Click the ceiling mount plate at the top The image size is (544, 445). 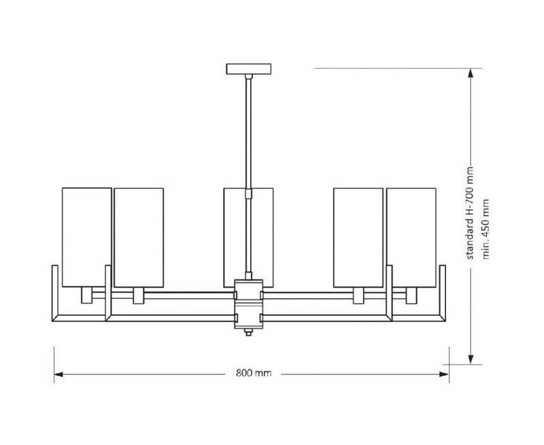pos(249,69)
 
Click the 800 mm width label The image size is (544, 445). pos(254,373)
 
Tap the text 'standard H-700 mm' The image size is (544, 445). pos(469,213)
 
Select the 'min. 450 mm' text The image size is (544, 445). pos(486,229)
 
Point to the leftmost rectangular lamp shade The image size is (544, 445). pos(87,237)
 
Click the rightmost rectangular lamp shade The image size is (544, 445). pos(411,237)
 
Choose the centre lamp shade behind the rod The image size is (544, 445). pos(248,237)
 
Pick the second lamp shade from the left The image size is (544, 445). pos(139,237)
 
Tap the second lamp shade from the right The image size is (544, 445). pos(358,237)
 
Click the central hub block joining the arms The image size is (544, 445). pos(248,304)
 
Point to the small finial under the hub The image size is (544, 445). pos(248,332)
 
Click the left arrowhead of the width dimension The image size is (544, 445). pos(58,374)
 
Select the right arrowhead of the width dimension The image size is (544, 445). pos(445,374)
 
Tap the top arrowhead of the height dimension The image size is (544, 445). pos(471,73)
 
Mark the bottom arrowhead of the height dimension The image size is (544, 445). pos(471,359)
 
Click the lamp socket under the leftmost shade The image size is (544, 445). pos(87,296)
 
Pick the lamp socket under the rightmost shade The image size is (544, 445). pos(411,296)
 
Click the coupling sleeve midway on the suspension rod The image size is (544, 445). pos(248,194)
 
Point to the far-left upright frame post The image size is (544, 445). pos(55,293)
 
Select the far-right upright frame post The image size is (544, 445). pos(443,293)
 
